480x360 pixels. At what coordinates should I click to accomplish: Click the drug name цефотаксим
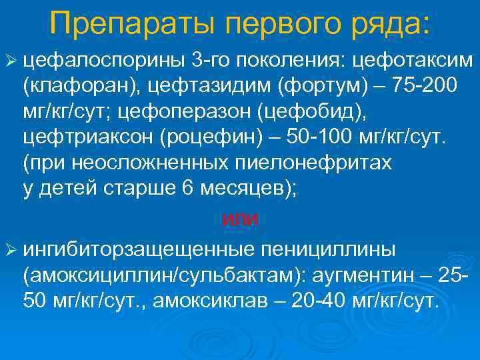click(413, 62)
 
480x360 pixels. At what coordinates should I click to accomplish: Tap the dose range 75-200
click(425, 86)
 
